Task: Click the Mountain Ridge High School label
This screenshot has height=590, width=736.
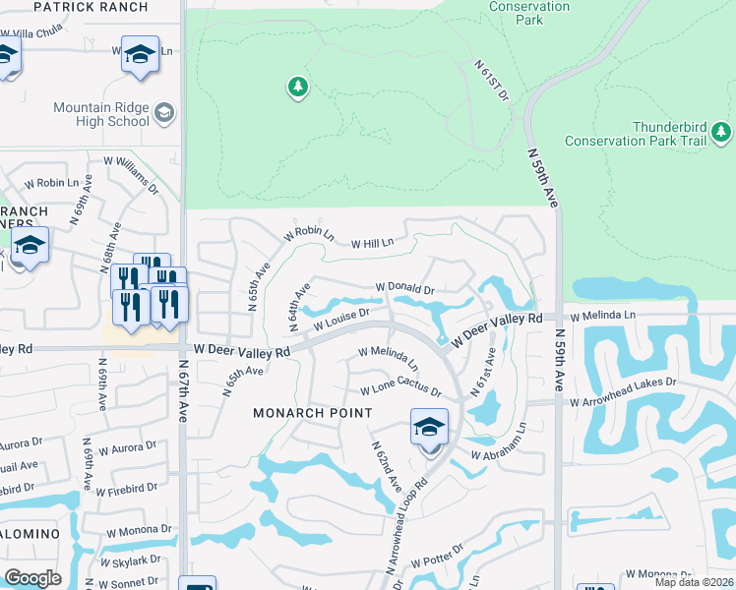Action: [x=101, y=114]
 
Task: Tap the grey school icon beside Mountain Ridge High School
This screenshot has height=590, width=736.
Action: [x=163, y=114]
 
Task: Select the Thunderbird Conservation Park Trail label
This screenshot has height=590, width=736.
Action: [x=669, y=134]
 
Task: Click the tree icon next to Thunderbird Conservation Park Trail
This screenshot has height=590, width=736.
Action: [x=721, y=131]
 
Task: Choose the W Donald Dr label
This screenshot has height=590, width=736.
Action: [x=404, y=289]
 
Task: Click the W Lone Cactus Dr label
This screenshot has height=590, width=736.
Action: [x=400, y=389]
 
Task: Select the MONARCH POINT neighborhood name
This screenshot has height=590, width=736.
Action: [x=313, y=413]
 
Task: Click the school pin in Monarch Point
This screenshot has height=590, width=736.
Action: [x=429, y=429]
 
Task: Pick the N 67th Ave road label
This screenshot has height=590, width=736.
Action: [x=184, y=390]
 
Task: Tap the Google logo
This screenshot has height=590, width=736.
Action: [x=32, y=577]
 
